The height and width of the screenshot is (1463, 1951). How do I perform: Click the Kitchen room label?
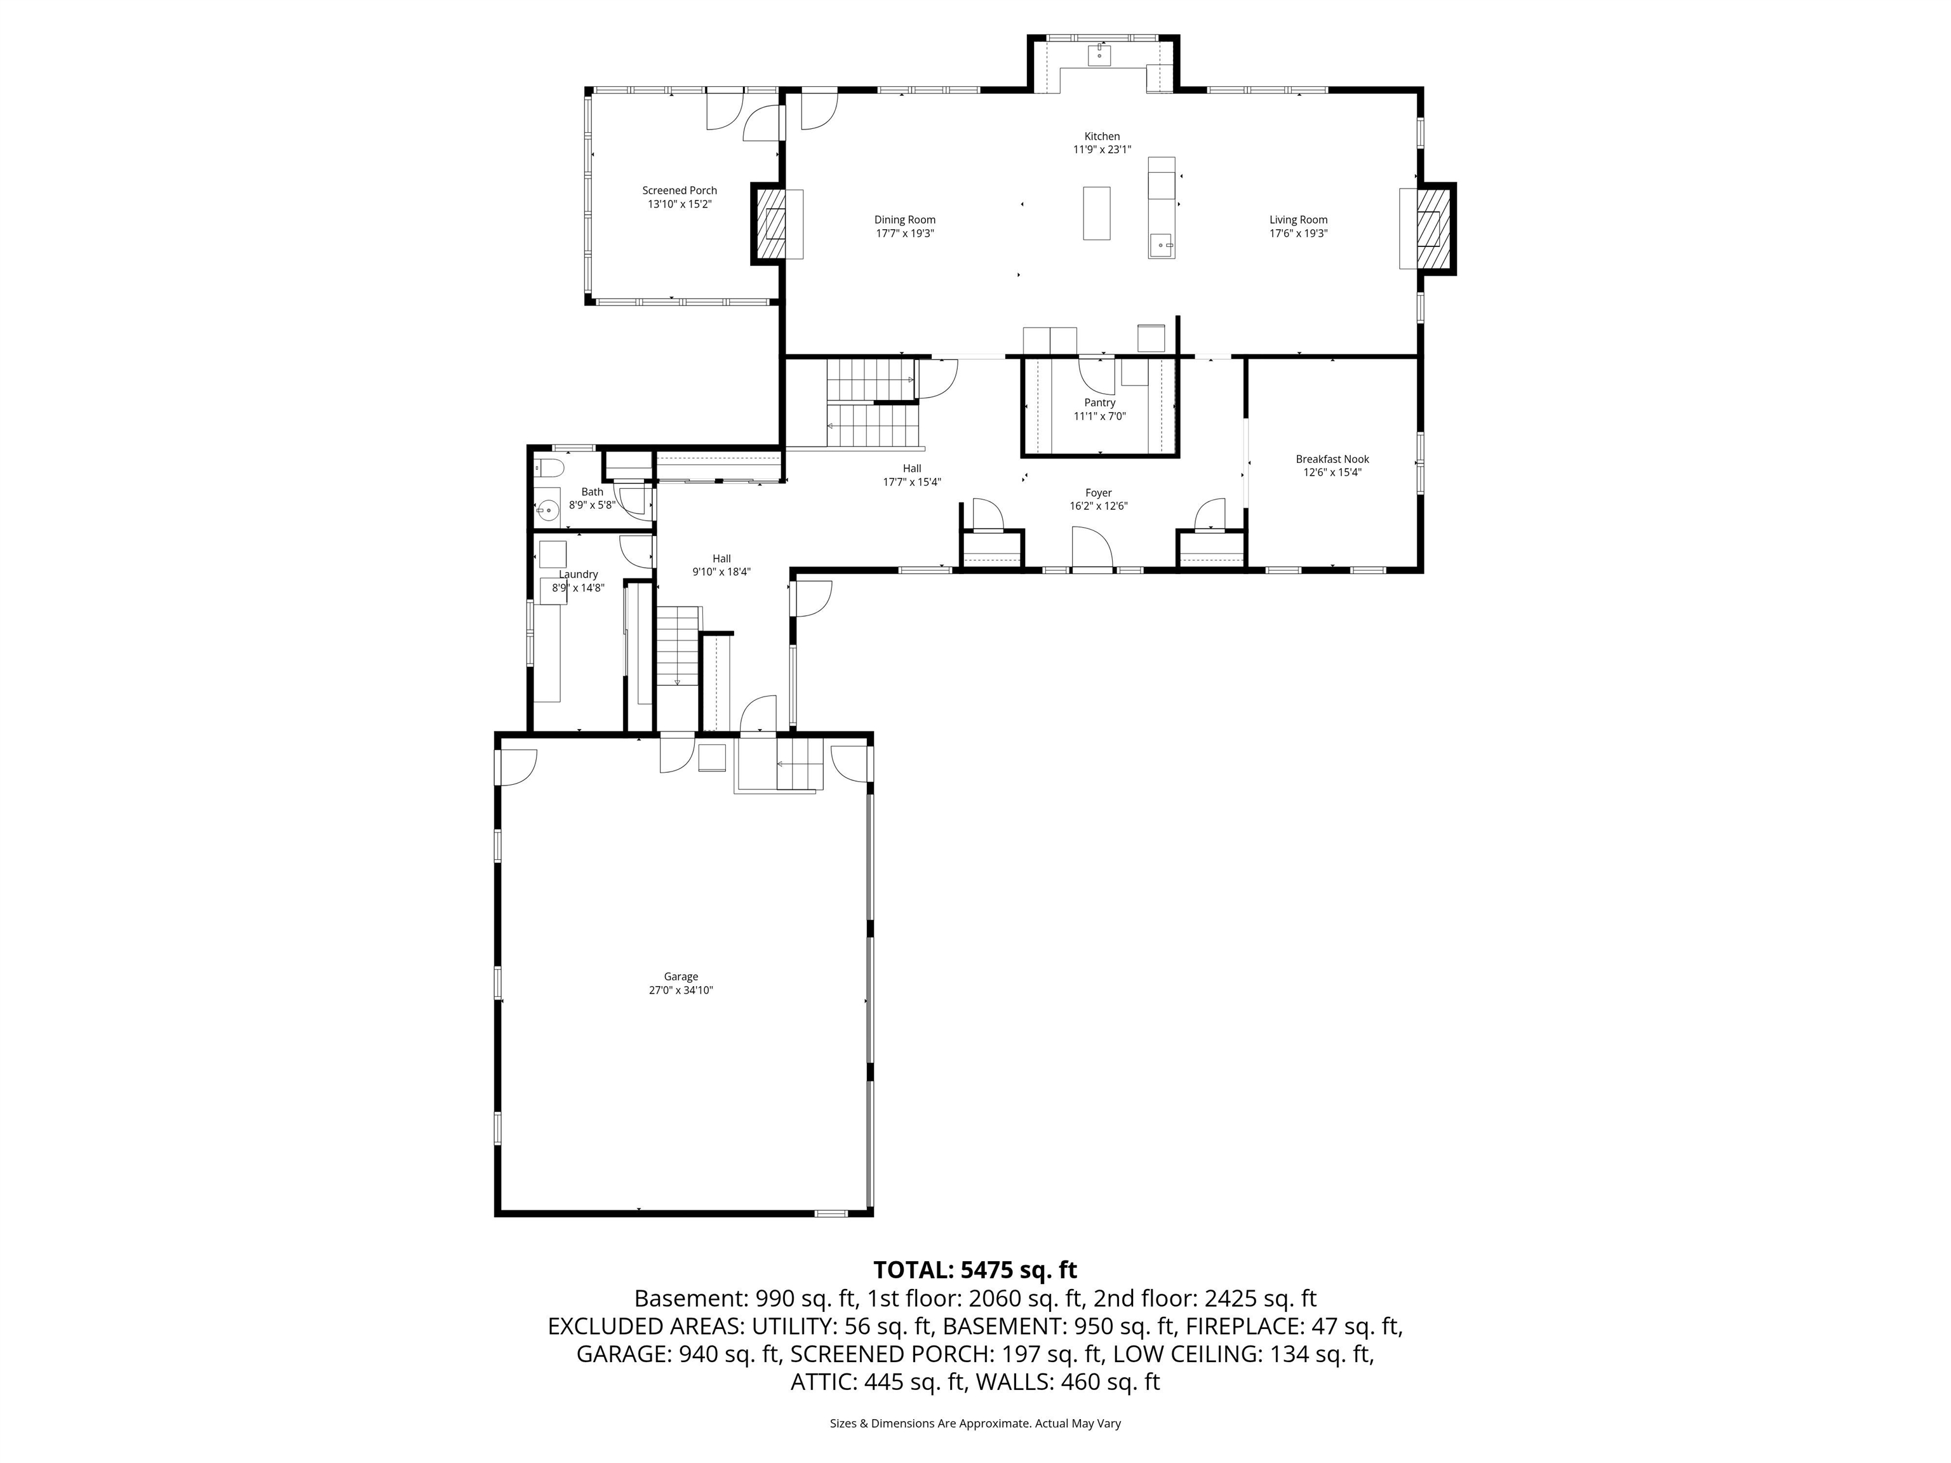click(x=1102, y=137)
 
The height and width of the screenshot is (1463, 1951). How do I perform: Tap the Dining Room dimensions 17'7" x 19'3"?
click(x=905, y=234)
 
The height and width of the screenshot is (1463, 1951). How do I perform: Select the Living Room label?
click(x=1298, y=220)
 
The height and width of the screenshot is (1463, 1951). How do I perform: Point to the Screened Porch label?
click(x=679, y=190)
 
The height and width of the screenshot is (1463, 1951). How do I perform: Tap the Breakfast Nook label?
click(x=1332, y=458)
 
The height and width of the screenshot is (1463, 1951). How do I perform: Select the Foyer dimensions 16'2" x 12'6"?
click(x=1098, y=506)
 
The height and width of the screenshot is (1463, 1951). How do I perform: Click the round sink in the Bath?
click(x=547, y=509)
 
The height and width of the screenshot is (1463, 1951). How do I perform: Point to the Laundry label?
click(x=578, y=574)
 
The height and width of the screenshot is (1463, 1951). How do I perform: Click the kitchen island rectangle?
click(x=1096, y=213)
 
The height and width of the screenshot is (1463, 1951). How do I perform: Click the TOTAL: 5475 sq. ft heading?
click(x=975, y=1270)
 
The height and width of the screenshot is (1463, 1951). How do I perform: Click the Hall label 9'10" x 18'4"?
click(x=721, y=564)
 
